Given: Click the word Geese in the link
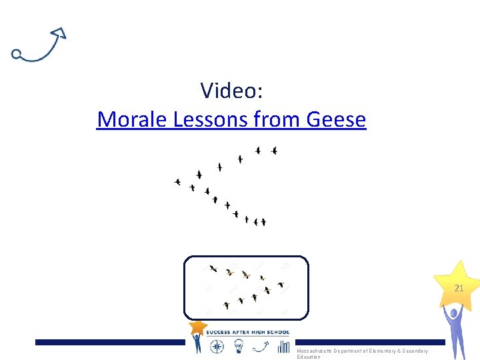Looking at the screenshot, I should coord(336,119).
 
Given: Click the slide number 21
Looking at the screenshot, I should coord(459,289).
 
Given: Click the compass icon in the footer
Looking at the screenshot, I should coord(217,346).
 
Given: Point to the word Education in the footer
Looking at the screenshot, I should coord(309,357).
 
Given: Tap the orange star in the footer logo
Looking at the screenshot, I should coord(197,327).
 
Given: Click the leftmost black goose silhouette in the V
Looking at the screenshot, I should coord(177,181).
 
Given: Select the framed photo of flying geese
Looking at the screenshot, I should coord(246,287).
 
